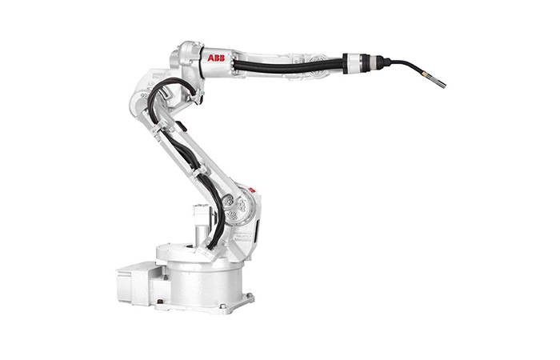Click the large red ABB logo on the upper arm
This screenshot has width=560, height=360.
pyautogui.click(x=216, y=58)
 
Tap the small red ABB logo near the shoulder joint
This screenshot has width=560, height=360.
pyautogui.click(x=252, y=190)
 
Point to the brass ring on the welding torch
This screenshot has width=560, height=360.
pyautogui.click(x=424, y=74)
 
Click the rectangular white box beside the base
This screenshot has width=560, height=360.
pyautogui.click(x=136, y=283)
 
